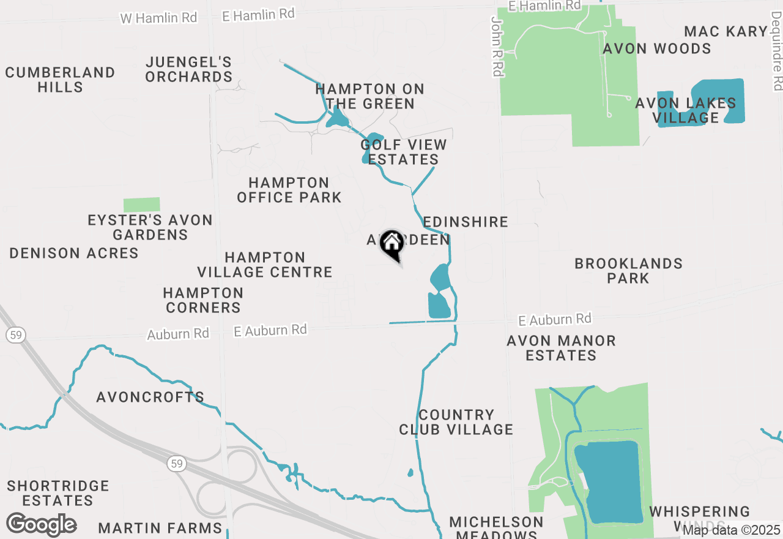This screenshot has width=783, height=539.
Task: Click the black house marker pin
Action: point(391,245)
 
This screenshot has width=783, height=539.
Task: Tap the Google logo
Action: point(41,525)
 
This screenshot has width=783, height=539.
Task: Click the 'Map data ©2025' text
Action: point(731,530)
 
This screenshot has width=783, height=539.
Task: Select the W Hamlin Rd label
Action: point(158,18)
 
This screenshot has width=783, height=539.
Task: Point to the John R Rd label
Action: point(497,47)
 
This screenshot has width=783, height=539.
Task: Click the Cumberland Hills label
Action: point(60,80)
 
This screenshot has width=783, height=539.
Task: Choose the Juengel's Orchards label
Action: point(189,69)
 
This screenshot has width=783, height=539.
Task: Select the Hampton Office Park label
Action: point(289,190)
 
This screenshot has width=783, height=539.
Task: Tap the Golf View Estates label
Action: point(404,152)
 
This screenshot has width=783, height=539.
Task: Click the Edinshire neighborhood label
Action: point(466,222)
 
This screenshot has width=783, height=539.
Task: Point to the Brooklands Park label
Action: point(628,271)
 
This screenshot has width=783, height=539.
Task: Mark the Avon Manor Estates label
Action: point(561,348)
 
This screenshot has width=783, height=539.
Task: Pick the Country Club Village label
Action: point(456,422)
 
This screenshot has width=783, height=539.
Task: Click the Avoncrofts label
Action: point(150,397)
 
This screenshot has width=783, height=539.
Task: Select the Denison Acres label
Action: point(74,253)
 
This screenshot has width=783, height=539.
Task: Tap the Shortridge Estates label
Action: point(58,493)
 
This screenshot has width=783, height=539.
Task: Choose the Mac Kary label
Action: point(725,31)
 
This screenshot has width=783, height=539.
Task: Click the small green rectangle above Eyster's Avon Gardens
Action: point(141,205)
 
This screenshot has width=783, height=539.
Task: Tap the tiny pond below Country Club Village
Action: point(410,473)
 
